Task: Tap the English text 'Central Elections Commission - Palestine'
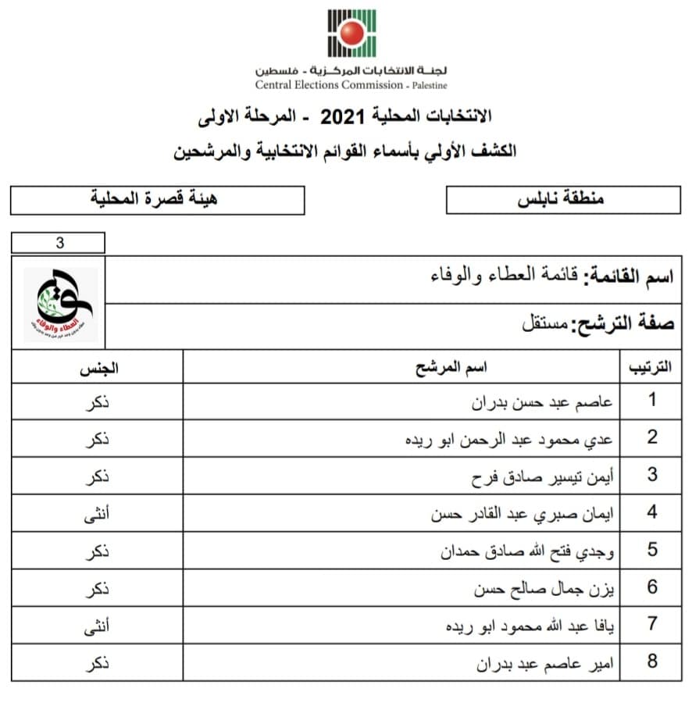click(351, 85)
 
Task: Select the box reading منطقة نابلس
click(562, 200)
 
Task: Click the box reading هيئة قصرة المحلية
click(157, 200)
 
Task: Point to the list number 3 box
click(59, 243)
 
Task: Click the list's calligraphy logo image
click(60, 304)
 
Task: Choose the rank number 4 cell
click(652, 513)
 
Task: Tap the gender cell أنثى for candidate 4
click(97, 514)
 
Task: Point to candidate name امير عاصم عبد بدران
click(544, 663)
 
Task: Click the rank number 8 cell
click(652, 662)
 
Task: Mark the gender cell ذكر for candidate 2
click(97, 439)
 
